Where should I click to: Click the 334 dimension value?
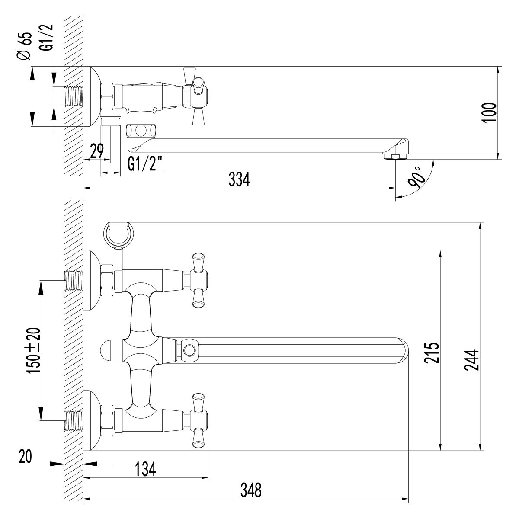click(239, 179)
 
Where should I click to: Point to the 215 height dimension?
click(432, 353)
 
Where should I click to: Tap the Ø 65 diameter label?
click(25, 46)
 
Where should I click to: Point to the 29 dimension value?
click(97, 151)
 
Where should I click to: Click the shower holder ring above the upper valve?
click(118, 234)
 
